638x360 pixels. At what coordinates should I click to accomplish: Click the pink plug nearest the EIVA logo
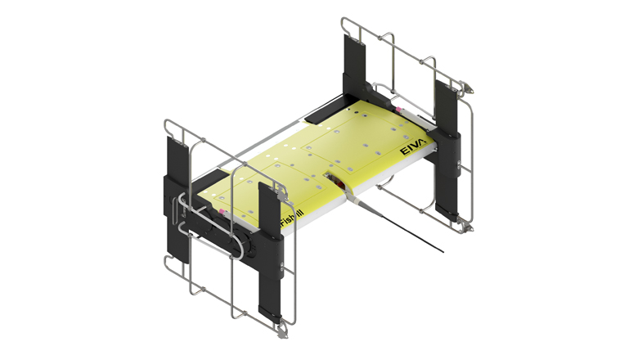(398, 107)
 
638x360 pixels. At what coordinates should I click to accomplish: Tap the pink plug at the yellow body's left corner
(222, 210)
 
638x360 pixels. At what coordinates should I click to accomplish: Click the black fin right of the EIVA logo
(448, 147)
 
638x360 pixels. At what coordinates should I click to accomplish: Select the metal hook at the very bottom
(283, 331)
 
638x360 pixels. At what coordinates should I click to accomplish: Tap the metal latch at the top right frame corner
(466, 84)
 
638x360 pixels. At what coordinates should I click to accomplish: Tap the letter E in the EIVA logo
(402, 151)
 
